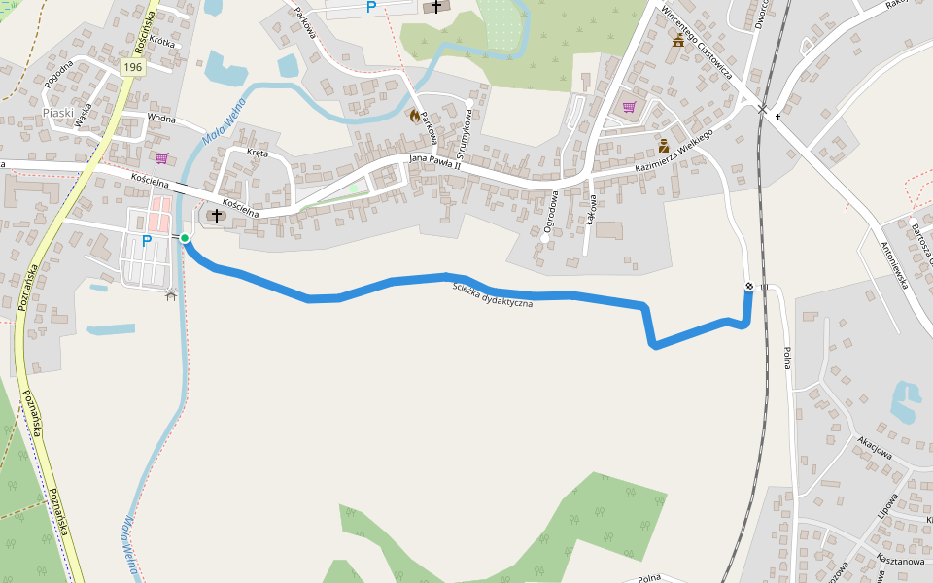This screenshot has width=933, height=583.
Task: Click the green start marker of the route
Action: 185,238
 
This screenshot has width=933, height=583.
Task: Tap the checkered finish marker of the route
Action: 749,286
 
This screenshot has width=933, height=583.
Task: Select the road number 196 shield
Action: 133,66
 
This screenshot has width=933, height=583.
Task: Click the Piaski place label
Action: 58,113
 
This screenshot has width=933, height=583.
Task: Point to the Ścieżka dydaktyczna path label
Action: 494,296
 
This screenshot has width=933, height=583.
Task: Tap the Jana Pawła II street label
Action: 433,162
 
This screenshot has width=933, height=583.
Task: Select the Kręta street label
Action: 258,153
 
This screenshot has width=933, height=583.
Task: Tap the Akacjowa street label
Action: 874,446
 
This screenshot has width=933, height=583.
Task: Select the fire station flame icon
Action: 415,116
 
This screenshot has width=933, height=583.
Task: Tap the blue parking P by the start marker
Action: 147,241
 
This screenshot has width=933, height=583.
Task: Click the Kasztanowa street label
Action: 899,561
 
